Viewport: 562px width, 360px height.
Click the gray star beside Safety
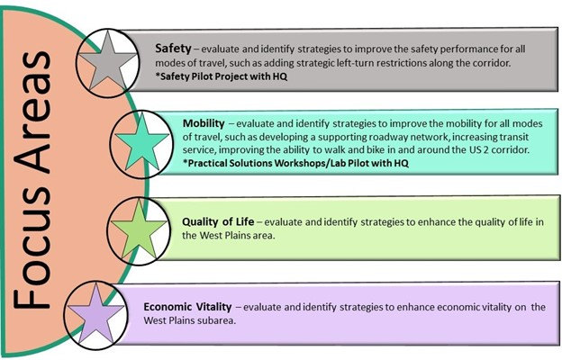click(107, 61)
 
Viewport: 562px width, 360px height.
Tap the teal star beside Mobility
click(142, 142)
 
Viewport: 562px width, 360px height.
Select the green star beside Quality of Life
click(139, 229)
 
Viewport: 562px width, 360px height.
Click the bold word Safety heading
click(173, 49)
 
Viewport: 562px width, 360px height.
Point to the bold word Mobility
click(204, 123)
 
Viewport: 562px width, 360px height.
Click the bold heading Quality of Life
click(218, 221)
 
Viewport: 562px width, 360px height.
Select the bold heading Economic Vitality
click(187, 307)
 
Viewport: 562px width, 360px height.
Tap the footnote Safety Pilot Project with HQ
click(222, 76)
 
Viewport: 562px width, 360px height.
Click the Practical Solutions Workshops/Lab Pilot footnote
click(295, 163)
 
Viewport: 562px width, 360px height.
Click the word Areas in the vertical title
click(33, 112)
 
